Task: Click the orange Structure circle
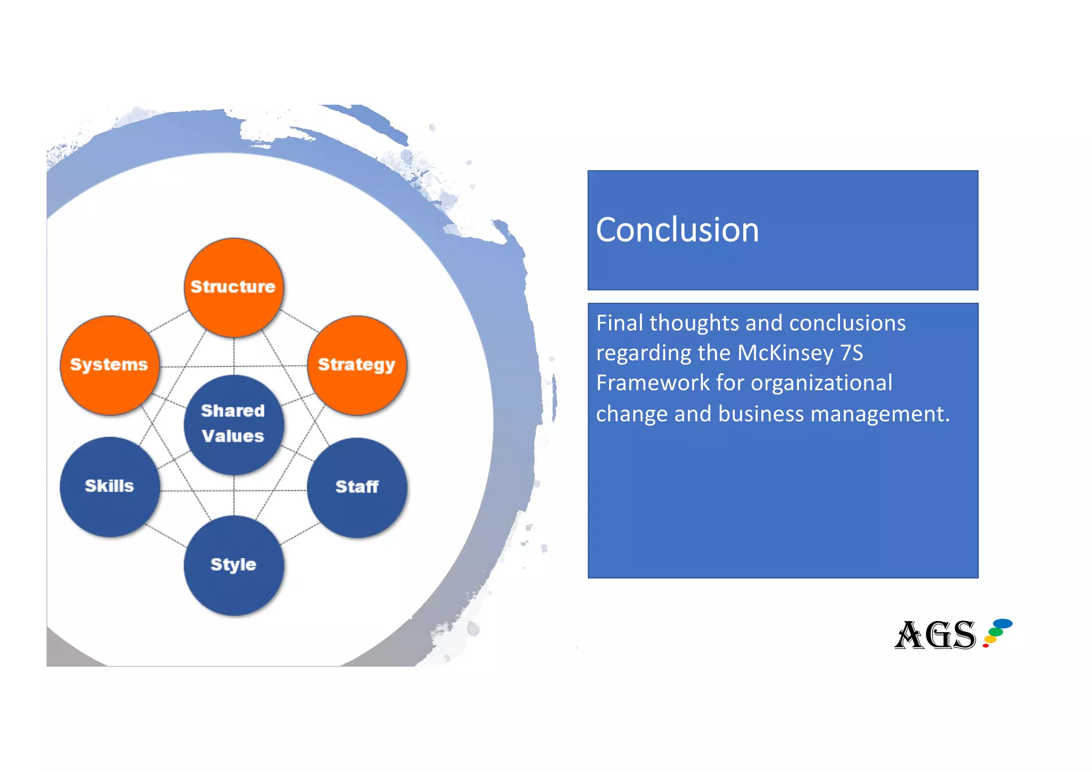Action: click(233, 287)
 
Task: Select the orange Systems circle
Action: click(109, 365)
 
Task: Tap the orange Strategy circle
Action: click(357, 365)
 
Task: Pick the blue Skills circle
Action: click(109, 486)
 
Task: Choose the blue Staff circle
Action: click(357, 487)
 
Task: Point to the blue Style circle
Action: click(233, 565)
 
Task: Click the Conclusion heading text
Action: click(677, 230)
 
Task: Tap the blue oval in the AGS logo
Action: click(1003, 623)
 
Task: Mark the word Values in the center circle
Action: click(233, 436)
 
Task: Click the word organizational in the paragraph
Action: click(821, 383)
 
